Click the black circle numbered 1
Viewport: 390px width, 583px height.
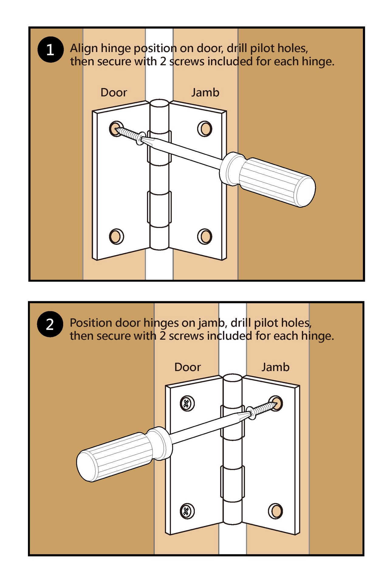50,49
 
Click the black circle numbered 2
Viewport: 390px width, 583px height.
50,324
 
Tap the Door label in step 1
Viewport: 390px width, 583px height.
114,92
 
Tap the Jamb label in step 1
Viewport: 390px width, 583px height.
205,92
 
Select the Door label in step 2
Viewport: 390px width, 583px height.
187,367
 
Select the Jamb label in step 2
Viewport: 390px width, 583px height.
275,367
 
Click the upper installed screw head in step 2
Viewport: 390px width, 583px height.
187,404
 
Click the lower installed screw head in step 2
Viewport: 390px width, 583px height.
187,511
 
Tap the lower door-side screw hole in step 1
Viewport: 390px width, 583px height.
116,236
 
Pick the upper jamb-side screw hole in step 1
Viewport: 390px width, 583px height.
205,129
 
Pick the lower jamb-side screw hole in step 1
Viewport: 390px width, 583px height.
205,237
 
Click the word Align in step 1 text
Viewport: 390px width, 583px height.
84,49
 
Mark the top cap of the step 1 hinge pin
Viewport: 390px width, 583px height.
159,103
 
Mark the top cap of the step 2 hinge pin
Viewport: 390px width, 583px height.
233,378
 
